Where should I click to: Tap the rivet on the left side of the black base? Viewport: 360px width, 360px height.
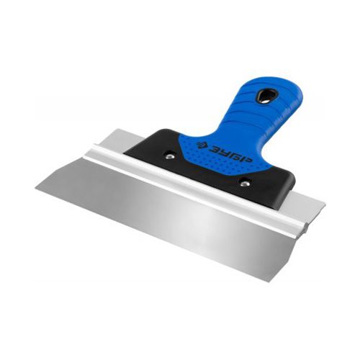click(170, 156)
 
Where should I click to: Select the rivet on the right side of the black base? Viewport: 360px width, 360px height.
click(244, 184)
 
